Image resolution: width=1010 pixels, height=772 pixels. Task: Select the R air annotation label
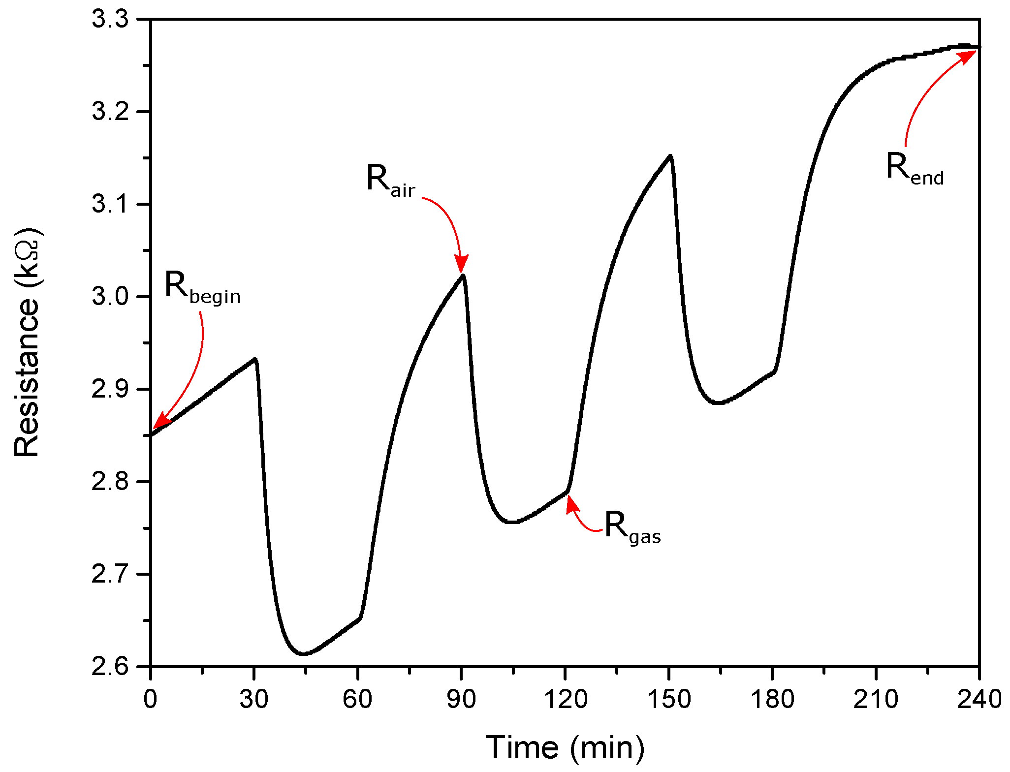[391, 181]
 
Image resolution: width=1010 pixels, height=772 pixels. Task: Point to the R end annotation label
[915, 169]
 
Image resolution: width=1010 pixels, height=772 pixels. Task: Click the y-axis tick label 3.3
[110, 20]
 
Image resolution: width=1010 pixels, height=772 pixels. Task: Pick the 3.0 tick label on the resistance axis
[110, 297]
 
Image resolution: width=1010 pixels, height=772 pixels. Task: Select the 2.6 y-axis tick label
[110, 667]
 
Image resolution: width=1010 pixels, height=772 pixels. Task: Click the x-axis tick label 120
[565, 699]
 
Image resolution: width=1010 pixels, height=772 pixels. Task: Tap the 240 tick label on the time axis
[979, 699]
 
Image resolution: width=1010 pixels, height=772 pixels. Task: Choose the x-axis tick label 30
[254, 699]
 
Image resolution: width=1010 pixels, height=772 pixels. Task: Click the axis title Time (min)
[565, 747]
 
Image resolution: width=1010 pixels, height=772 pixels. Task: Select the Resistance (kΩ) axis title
[27, 343]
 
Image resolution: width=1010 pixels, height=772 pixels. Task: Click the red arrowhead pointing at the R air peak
[461, 264]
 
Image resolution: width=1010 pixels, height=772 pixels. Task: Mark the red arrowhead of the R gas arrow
[570, 504]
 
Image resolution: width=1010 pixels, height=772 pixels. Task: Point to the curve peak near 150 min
[670, 156]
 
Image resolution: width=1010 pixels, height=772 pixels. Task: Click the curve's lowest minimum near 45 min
[303, 654]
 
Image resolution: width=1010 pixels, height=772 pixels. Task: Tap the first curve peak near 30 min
[255, 359]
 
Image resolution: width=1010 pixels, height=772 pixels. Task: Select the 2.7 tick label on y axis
[110, 574]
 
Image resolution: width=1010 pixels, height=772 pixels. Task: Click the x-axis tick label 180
[772, 699]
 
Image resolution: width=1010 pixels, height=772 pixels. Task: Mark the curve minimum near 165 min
[719, 403]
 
